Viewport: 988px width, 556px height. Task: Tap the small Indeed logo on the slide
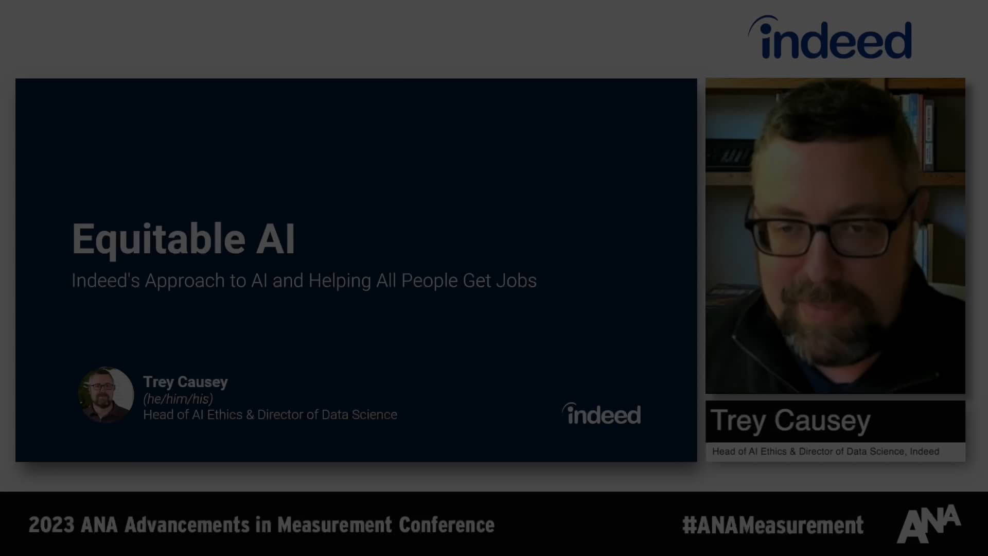tap(602, 414)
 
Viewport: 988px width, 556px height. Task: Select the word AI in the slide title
tap(276, 239)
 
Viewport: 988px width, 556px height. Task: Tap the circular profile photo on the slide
tap(106, 395)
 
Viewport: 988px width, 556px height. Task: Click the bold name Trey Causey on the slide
tap(185, 382)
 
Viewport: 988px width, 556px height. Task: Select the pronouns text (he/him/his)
tap(178, 398)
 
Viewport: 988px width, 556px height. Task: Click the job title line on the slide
tap(270, 415)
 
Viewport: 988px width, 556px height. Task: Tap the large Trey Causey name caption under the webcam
tap(790, 421)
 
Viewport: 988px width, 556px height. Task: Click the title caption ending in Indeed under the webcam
tap(825, 451)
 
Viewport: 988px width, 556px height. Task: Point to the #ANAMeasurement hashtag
tap(772, 526)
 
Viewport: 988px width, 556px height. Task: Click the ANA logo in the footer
tap(929, 524)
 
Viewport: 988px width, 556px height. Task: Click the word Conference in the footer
tap(447, 525)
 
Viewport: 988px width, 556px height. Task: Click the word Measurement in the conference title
tap(335, 525)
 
